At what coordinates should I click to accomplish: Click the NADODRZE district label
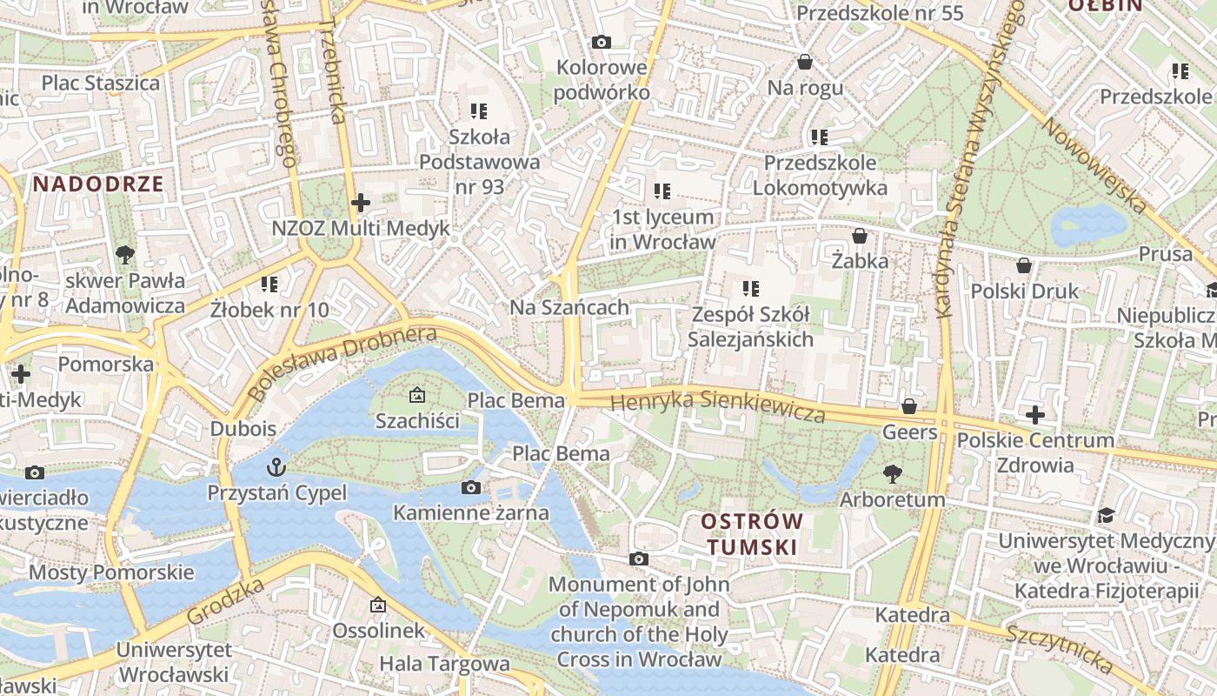pyautogui.click(x=98, y=184)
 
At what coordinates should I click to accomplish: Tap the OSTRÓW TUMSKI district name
pyautogui.click(x=752, y=533)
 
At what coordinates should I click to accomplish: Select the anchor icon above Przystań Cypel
pyautogui.click(x=276, y=467)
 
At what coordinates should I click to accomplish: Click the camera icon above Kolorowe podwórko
pyautogui.click(x=601, y=42)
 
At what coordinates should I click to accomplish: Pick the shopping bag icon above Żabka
pyautogui.click(x=859, y=236)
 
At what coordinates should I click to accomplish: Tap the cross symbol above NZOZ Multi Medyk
pyautogui.click(x=360, y=203)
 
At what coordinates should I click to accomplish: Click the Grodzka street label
pyautogui.click(x=225, y=601)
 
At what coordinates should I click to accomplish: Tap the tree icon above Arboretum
pyautogui.click(x=892, y=474)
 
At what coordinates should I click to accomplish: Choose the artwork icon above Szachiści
pyautogui.click(x=417, y=396)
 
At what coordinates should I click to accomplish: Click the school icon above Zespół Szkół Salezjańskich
pyautogui.click(x=750, y=288)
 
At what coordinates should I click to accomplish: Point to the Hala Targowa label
pyautogui.click(x=444, y=664)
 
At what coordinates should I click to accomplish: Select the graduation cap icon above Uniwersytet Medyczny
pyautogui.click(x=1106, y=516)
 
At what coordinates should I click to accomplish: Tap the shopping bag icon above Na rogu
pyautogui.click(x=805, y=63)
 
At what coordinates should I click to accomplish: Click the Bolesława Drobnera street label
pyautogui.click(x=341, y=363)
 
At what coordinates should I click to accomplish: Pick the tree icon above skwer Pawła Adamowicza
pyautogui.click(x=124, y=255)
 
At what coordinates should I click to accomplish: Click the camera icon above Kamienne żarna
pyautogui.click(x=470, y=487)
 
